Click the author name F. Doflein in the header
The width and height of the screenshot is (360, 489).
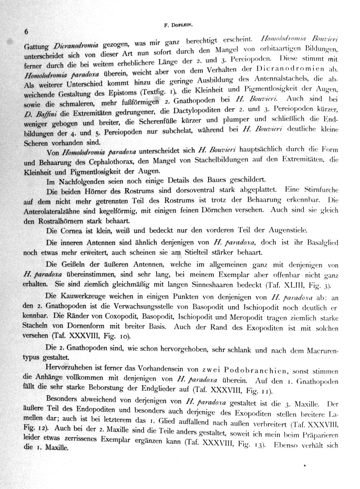point(175,25)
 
